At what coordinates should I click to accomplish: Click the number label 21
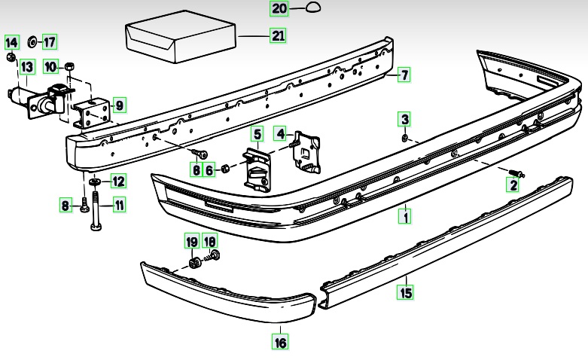click(279, 35)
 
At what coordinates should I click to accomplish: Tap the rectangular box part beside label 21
click(181, 38)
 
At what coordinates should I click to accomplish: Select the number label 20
click(279, 9)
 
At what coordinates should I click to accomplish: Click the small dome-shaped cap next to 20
click(313, 8)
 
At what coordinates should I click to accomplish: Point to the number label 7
click(404, 75)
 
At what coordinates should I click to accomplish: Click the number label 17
click(50, 41)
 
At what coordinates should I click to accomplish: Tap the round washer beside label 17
click(33, 41)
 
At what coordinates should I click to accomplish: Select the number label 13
click(26, 68)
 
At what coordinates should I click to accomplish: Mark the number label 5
click(257, 135)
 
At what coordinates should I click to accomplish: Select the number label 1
click(405, 218)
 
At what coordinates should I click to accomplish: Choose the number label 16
click(279, 343)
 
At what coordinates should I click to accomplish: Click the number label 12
click(119, 181)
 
